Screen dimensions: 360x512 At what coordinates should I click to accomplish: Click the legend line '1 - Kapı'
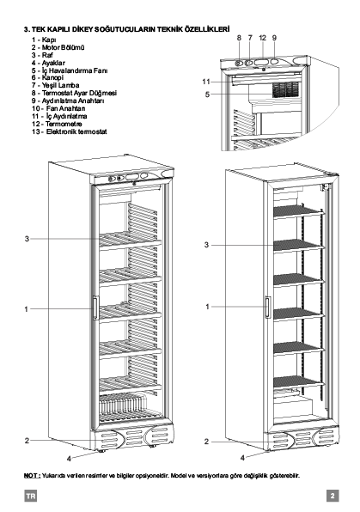pyautogui.click(x=44, y=40)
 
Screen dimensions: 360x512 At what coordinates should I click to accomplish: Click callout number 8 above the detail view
pyautogui.click(x=239, y=38)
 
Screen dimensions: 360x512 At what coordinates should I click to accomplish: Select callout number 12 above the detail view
pyautogui.click(x=263, y=38)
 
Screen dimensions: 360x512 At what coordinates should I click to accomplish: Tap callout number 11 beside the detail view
pyautogui.click(x=206, y=82)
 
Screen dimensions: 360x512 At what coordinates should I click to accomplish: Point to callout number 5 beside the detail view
pyautogui.click(x=207, y=94)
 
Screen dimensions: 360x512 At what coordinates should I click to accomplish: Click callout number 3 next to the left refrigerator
pyautogui.click(x=27, y=239)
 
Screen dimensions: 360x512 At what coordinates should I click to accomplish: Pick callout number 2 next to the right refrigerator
pyautogui.click(x=206, y=442)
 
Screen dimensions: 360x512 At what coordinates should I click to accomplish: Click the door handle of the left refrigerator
pyautogui.click(x=95, y=308)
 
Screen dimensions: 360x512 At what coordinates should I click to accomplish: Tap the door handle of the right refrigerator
pyautogui.click(x=267, y=307)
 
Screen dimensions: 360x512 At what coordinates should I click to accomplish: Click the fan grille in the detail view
pyautogui.click(x=286, y=89)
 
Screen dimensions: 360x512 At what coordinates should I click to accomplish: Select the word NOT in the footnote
pyautogui.click(x=31, y=475)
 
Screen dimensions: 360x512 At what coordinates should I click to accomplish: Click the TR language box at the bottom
pyautogui.click(x=30, y=497)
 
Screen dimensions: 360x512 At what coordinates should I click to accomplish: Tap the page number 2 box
pyautogui.click(x=333, y=496)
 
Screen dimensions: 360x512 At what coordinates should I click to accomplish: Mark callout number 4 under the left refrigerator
pyautogui.click(x=69, y=459)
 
